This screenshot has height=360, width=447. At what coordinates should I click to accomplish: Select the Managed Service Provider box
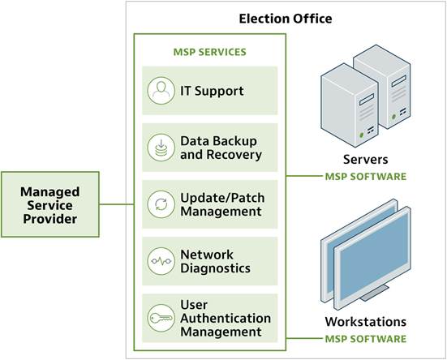pos(50,205)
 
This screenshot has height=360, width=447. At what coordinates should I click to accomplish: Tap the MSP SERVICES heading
pos(210,52)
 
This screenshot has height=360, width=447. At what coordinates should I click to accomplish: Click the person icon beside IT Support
pos(161,91)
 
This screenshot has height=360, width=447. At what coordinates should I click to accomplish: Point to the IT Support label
pos(212,91)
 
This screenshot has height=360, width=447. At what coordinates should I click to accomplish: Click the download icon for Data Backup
pos(161,148)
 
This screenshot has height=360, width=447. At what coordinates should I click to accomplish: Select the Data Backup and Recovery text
pos(221,148)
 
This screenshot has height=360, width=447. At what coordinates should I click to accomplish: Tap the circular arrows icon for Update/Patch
pos(161,204)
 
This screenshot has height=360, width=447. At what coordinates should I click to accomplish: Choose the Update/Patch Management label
pos(221,204)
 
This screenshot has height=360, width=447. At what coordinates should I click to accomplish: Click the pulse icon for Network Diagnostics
pos(161,261)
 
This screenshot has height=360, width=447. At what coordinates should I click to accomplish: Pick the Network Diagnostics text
pos(215,261)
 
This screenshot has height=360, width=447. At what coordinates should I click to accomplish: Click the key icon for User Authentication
pos(161,318)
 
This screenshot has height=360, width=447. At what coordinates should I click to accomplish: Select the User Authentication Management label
pos(226,318)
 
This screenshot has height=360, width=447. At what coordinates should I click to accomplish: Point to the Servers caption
pos(365,159)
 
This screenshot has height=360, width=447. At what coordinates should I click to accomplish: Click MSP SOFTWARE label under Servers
pos(365,176)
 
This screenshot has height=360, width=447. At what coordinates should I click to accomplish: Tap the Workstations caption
pos(365,321)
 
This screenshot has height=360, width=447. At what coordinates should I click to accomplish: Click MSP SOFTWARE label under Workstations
pos(365,338)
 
